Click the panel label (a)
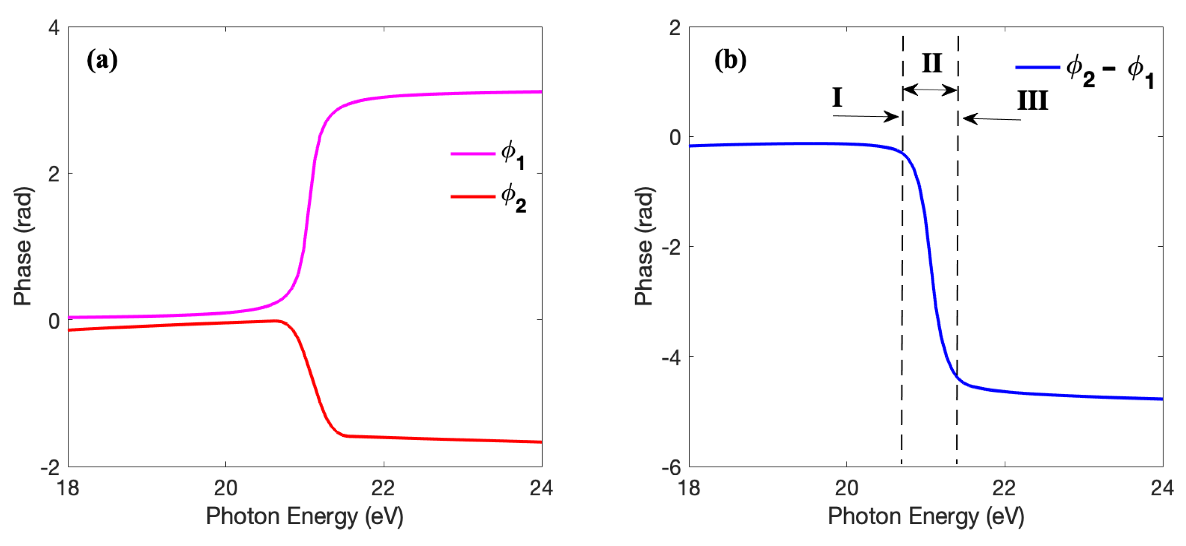102,60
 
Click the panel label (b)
730,60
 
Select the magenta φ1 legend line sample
472,153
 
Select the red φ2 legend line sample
472,197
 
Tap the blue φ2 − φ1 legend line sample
1037,68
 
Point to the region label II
931,63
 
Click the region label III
1033,100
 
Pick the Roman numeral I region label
837,98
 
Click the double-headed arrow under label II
930,90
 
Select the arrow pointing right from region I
865,116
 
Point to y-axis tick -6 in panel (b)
672,468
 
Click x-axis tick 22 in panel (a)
383,488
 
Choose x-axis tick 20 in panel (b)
847,488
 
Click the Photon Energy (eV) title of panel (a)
304,516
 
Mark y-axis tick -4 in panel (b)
672,357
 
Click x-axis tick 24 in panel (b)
1162,488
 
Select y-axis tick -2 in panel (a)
51,468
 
